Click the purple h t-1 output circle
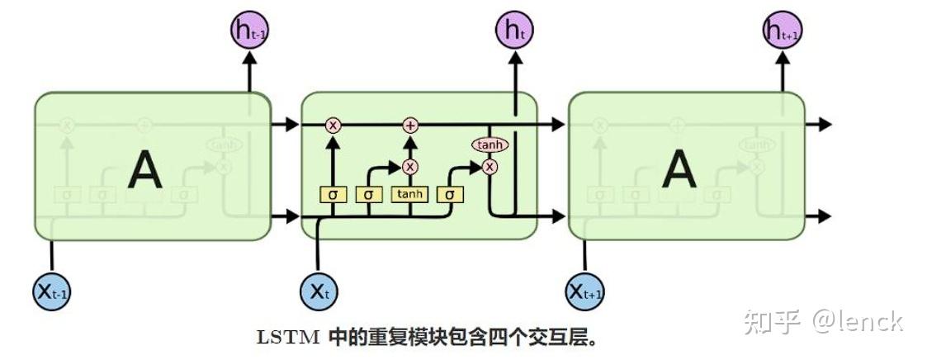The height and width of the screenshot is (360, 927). (x=249, y=32)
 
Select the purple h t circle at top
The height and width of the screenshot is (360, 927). (x=515, y=32)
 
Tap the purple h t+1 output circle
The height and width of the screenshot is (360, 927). (x=782, y=32)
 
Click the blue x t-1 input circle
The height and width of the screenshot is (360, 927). (x=53, y=290)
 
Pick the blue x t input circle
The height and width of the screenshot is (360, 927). (x=319, y=290)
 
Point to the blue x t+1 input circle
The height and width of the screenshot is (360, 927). (x=585, y=290)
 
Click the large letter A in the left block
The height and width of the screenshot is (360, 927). (x=145, y=170)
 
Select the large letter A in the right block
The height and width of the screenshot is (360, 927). (x=679, y=170)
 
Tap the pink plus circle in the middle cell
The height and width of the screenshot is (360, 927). (x=410, y=126)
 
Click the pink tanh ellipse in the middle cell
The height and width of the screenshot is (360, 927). (x=490, y=145)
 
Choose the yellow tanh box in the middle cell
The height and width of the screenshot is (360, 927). (x=410, y=195)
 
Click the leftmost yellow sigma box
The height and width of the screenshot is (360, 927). (x=333, y=195)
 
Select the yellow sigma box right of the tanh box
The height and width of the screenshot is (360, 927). (x=450, y=195)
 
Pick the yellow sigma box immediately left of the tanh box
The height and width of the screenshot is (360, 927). (x=369, y=195)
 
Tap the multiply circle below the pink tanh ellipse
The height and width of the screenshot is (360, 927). (x=490, y=167)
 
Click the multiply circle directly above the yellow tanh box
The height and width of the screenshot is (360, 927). (x=410, y=167)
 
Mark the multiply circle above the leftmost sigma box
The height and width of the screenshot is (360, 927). (x=333, y=126)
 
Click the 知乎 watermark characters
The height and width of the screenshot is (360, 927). (x=772, y=320)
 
